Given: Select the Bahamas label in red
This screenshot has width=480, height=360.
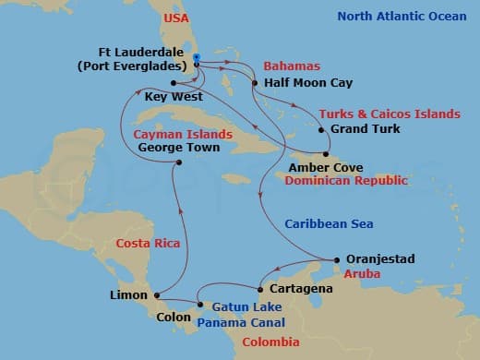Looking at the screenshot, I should point(292,66).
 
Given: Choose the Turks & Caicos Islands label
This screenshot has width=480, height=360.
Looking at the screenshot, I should point(389,114).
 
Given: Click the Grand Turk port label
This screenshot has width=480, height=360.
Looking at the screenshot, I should point(366,129).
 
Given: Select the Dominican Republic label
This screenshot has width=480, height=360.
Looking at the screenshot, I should point(346,181).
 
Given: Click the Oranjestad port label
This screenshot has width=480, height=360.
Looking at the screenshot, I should point(380,259).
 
